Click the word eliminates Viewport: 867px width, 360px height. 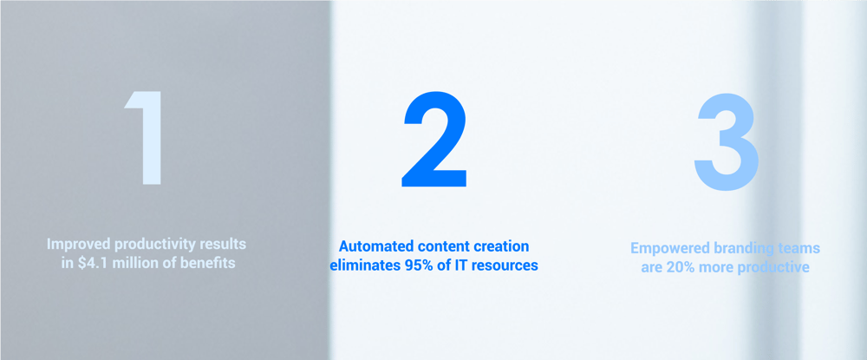[367, 265]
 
